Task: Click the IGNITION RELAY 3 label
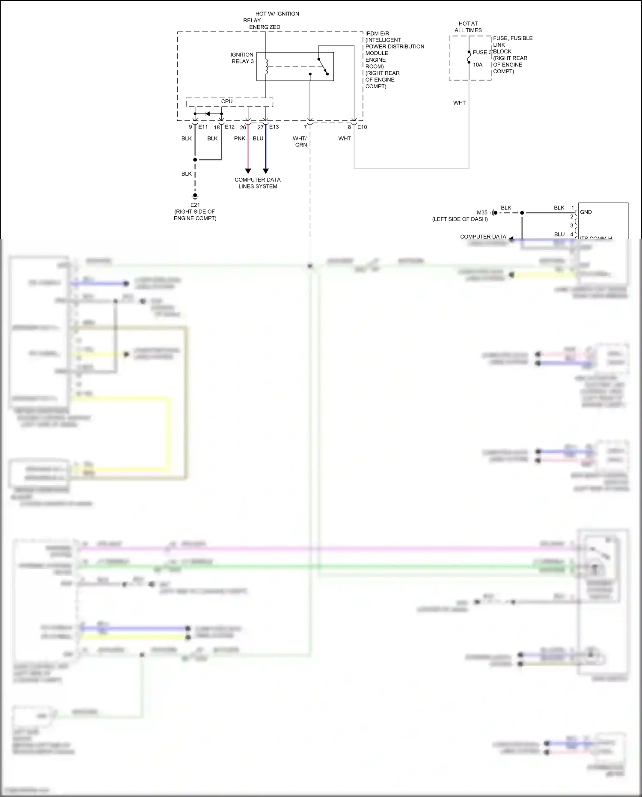pyautogui.click(x=242, y=58)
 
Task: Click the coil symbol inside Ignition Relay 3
pyautogui.click(x=266, y=66)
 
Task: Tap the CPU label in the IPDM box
pyautogui.click(x=227, y=101)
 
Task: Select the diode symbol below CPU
pyautogui.click(x=208, y=113)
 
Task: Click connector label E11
pyautogui.click(x=203, y=127)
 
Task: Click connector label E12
pyautogui.click(x=229, y=127)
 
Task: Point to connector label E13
pyautogui.click(x=274, y=127)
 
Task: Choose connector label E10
pyautogui.click(x=362, y=127)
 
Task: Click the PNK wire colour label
pyautogui.click(x=240, y=138)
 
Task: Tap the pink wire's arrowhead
pyautogui.click(x=248, y=171)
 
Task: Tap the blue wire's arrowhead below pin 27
pyautogui.click(x=265, y=171)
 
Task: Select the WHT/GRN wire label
pyautogui.click(x=300, y=141)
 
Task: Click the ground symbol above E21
pyautogui.click(x=195, y=197)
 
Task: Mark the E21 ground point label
pyautogui.click(x=195, y=205)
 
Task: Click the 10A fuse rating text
pyautogui.click(x=478, y=65)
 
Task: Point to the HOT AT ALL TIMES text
pyautogui.click(x=468, y=27)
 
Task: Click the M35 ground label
pyautogui.click(x=482, y=212)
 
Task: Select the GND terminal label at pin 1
pyautogui.click(x=586, y=212)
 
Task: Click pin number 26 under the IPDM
pyautogui.click(x=243, y=128)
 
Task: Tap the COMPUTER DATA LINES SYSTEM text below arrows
pyautogui.click(x=258, y=183)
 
